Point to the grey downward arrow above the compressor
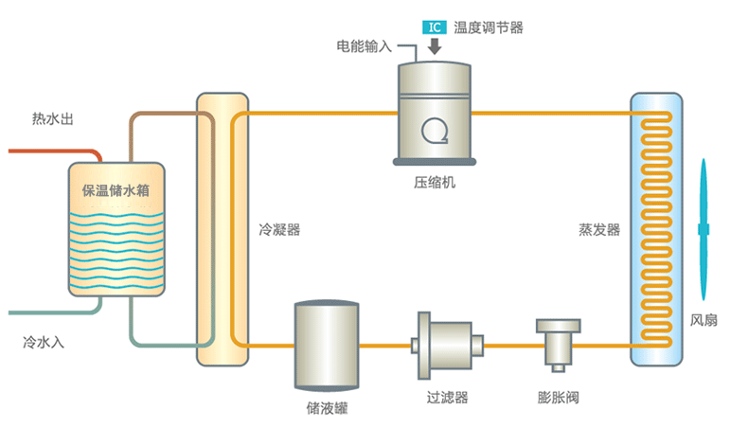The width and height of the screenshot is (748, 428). pos(434,47)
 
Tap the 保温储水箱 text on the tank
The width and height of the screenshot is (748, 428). pos(117,189)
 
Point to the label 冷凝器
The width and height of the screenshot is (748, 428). pos(279,230)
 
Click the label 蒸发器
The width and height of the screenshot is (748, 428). pos(599,230)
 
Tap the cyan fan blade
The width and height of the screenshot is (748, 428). pos(703,227)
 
